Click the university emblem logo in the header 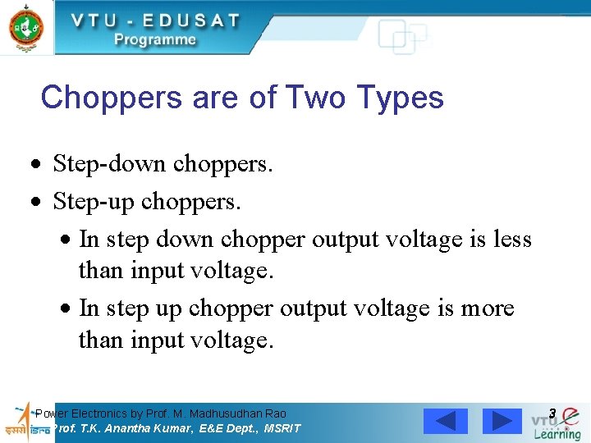click(26, 26)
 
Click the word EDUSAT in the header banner click(183, 21)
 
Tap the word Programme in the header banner click(155, 39)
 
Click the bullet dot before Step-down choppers click(34, 166)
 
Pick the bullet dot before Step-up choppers click(34, 202)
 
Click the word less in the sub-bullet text click(513, 239)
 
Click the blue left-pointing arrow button click(446, 421)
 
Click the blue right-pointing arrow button click(502, 421)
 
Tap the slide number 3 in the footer click(552, 413)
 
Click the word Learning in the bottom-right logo click(557, 433)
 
